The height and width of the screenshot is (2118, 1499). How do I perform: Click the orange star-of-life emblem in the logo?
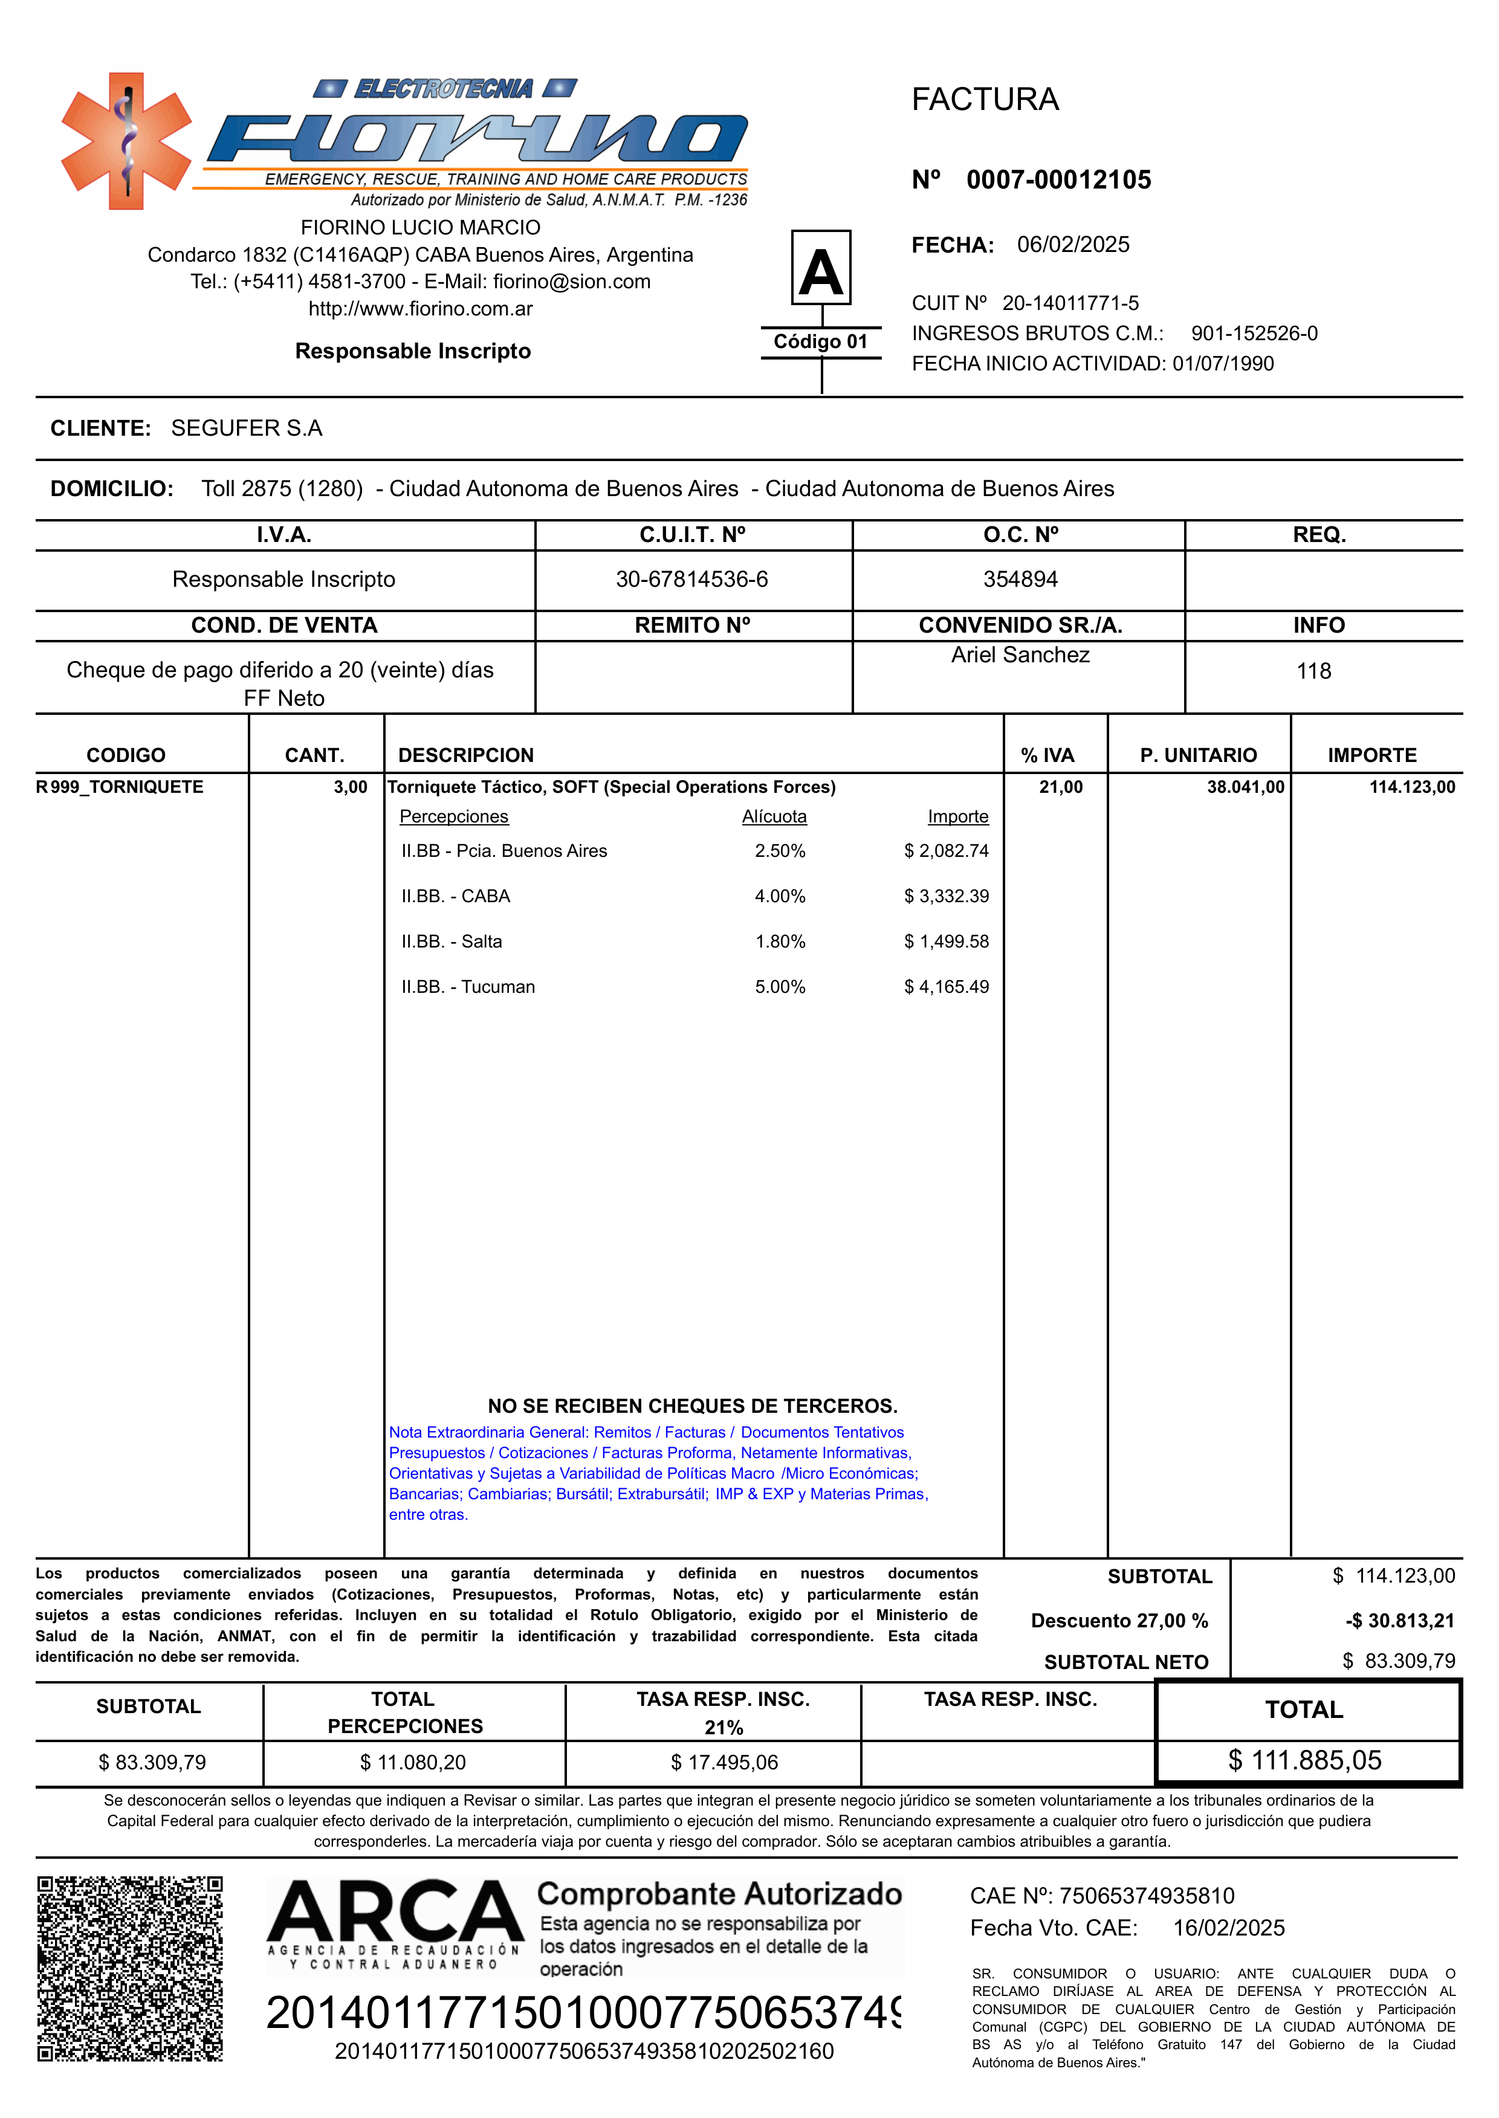[x=126, y=141]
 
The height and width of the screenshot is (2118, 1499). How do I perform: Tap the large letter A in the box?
[x=821, y=273]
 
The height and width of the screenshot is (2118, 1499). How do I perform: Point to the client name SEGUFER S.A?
[x=247, y=428]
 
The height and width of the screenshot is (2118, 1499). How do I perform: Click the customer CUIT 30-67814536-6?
[x=691, y=580]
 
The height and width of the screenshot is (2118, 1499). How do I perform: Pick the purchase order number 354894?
[x=1020, y=580]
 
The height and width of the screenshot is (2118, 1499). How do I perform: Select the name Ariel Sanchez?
[x=1020, y=655]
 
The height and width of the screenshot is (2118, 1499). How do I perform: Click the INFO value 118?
[x=1313, y=671]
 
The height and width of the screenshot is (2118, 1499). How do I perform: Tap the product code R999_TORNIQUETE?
[x=120, y=787]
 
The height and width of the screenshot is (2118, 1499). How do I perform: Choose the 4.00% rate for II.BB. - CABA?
[x=780, y=896]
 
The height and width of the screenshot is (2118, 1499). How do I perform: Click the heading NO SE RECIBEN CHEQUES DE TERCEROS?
[x=692, y=1407]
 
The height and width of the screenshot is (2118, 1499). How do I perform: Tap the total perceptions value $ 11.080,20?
[x=413, y=1763]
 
